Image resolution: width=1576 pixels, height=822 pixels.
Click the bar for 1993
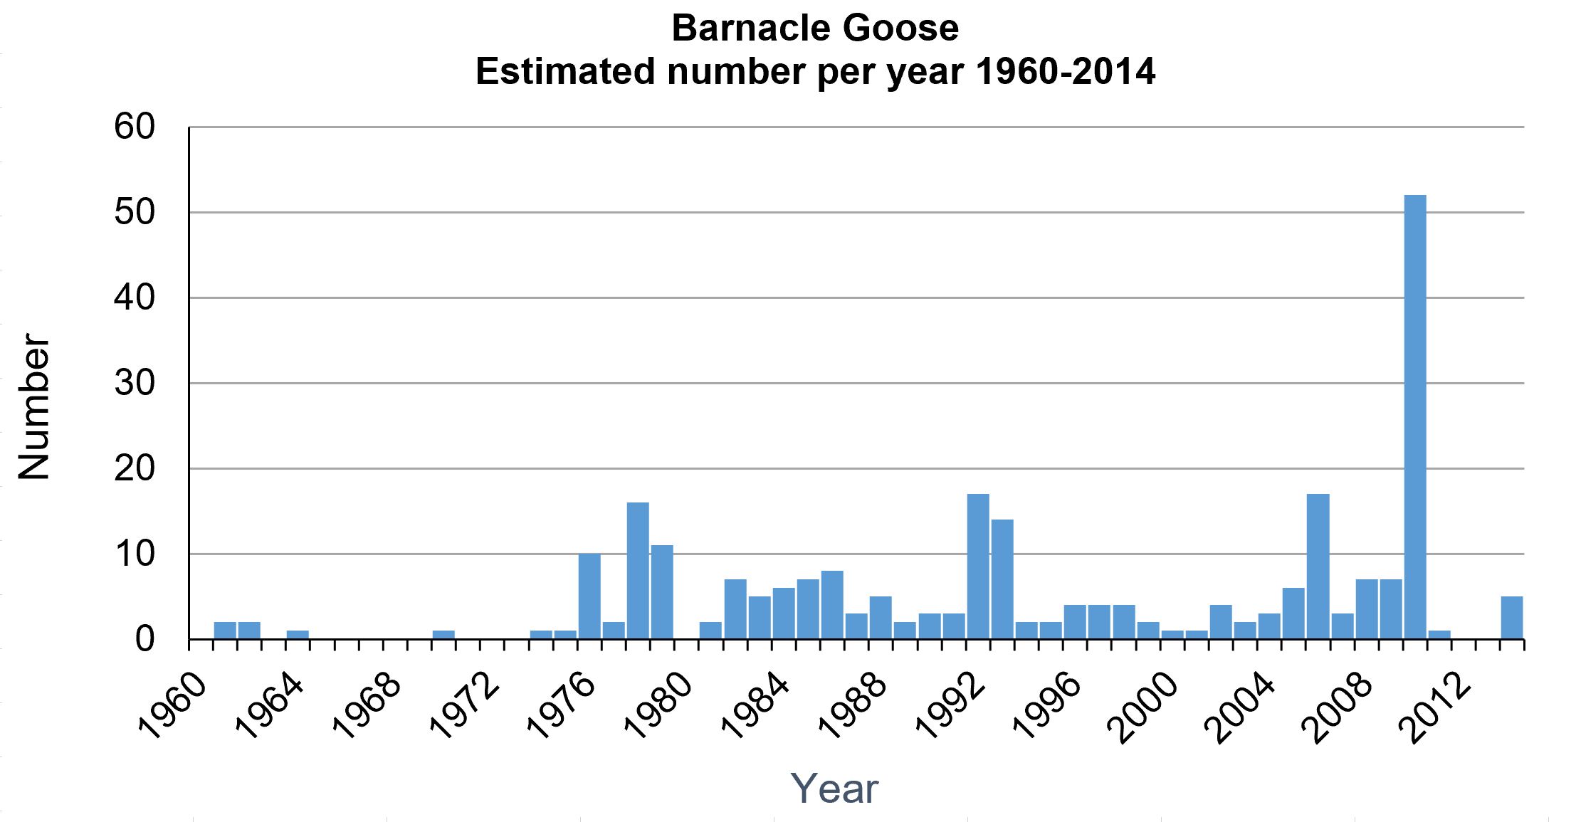click(x=1002, y=579)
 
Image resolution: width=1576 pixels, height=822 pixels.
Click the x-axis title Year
click(x=834, y=789)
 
